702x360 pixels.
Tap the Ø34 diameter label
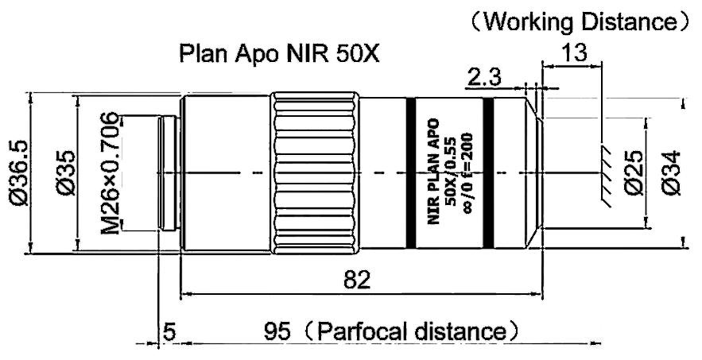tap(669, 173)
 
